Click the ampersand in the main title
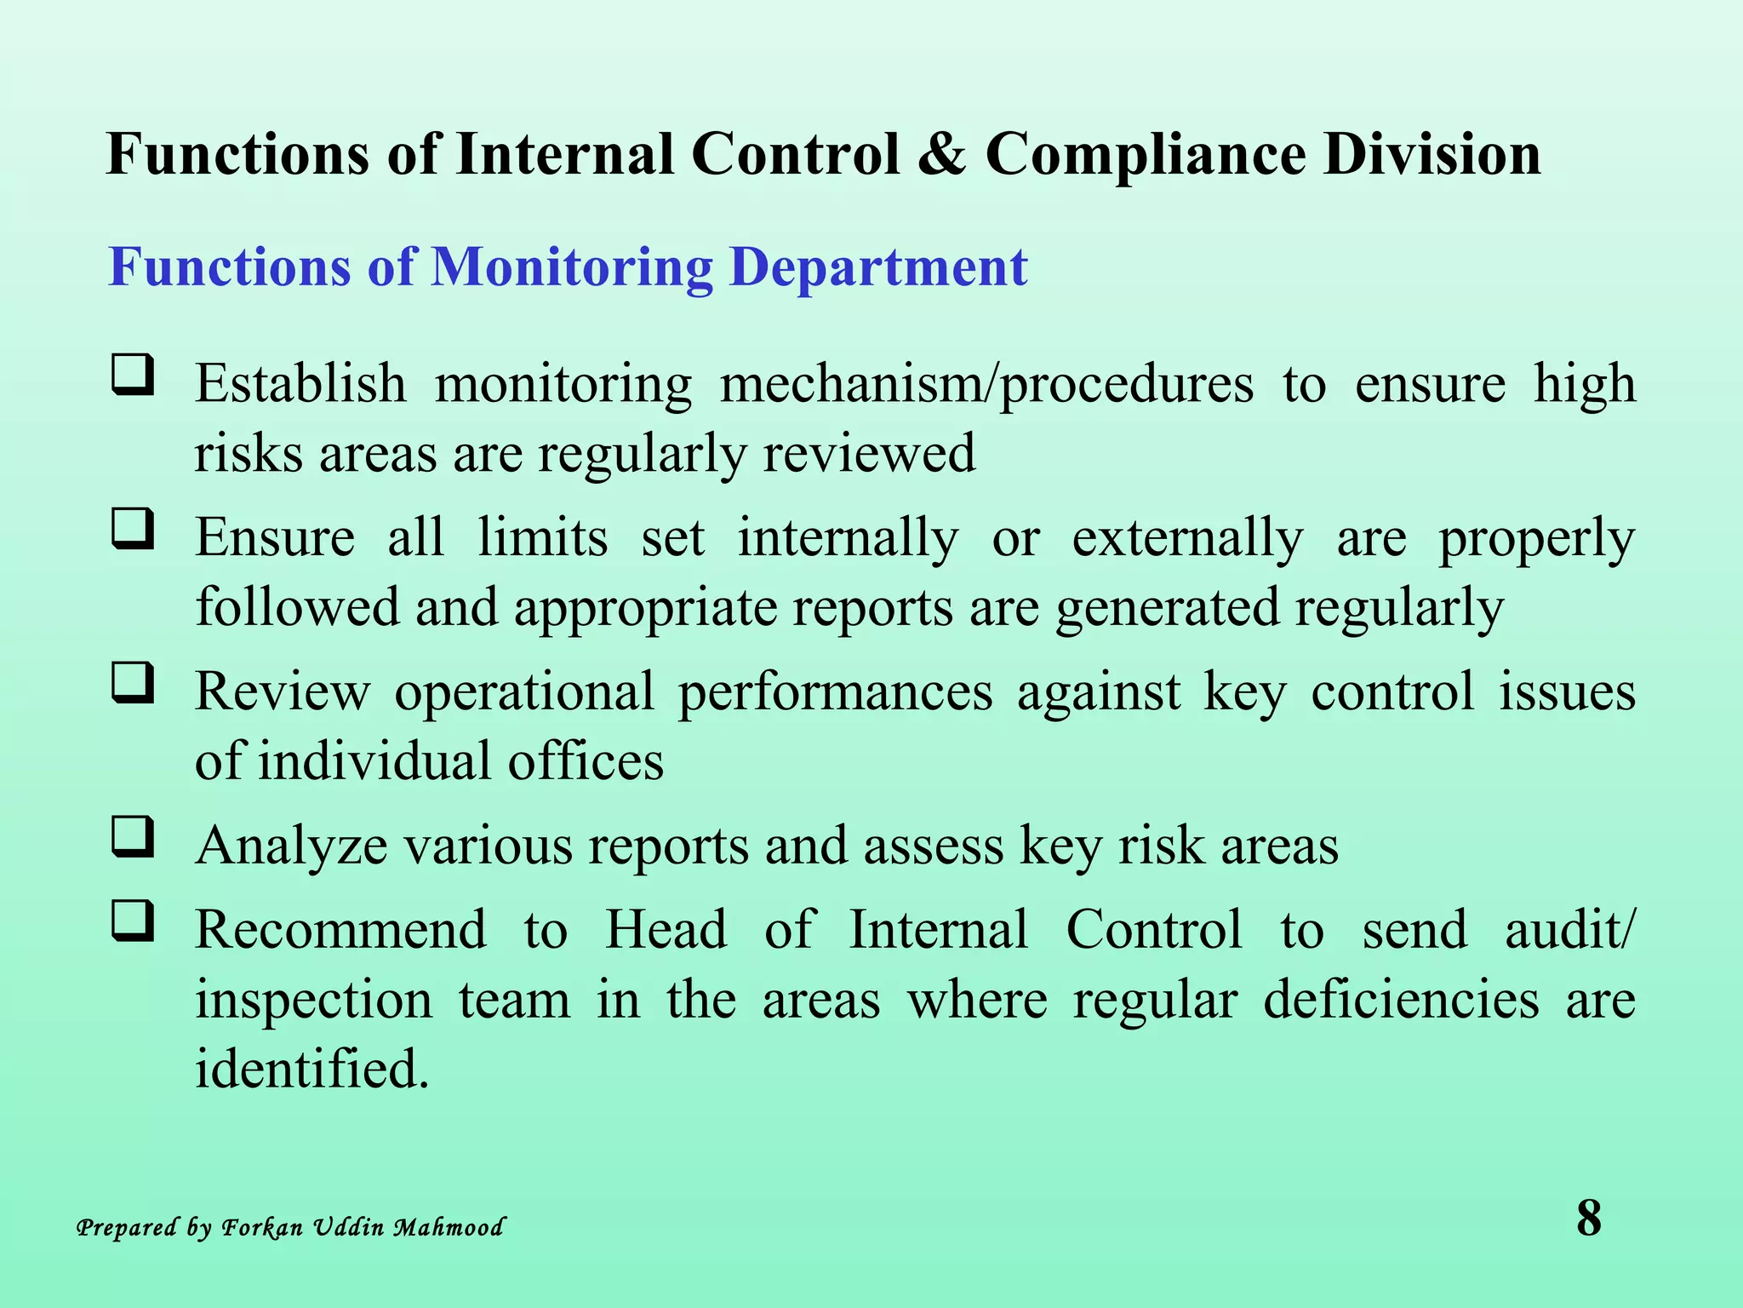[x=941, y=155]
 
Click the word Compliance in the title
[x=1146, y=155]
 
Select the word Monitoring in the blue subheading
[x=572, y=267]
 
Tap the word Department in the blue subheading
[x=878, y=267]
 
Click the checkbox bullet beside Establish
[x=134, y=375]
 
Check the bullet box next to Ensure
[x=134, y=529]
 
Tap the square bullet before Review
[x=134, y=683]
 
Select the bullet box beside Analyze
[x=134, y=837]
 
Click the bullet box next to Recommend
[x=134, y=921]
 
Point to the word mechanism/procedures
[x=986, y=385]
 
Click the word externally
[x=1187, y=539]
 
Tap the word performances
[x=835, y=692]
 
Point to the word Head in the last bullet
[x=666, y=930]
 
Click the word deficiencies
[x=1401, y=1000]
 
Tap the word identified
[x=311, y=1070]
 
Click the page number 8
[x=1588, y=1219]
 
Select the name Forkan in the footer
[x=262, y=1228]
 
